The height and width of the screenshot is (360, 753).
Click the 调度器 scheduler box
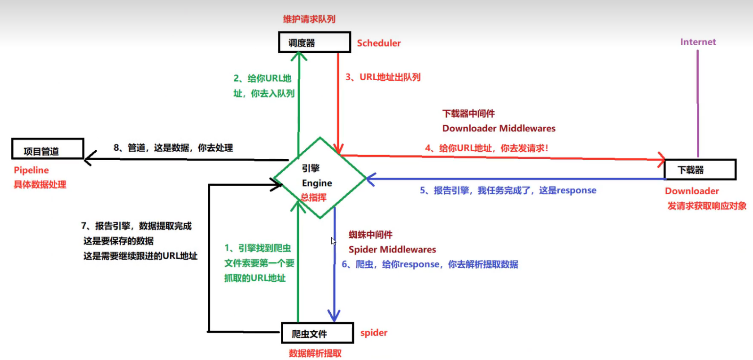pos(314,42)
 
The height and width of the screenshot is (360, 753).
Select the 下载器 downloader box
pos(700,170)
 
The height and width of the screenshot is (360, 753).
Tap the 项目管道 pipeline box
pos(47,149)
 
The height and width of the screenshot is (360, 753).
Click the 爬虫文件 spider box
pos(317,334)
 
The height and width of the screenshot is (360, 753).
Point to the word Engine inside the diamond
pos(317,183)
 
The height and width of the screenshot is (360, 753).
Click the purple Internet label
pos(698,42)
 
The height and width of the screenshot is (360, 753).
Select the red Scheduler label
pos(378,43)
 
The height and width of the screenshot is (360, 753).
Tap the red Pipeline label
pos(31,170)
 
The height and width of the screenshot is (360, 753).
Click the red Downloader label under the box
pos(692,191)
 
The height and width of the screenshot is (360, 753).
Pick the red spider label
pos(374,333)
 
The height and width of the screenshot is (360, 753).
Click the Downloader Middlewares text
pos(499,128)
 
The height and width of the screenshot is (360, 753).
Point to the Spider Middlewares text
pos(392,249)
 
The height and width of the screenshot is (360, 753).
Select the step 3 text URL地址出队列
pos(383,77)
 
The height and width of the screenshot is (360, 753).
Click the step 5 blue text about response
pos(508,190)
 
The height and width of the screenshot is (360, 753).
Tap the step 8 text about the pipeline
pos(173,148)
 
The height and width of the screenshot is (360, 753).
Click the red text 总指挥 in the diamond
pos(313,197)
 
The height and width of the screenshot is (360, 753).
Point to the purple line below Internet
pos(698,104)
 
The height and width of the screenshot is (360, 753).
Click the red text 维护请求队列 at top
pos(309,19)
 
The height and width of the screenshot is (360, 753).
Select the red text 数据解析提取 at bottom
pos(315,353)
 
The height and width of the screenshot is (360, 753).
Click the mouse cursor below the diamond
pos(333,241)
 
